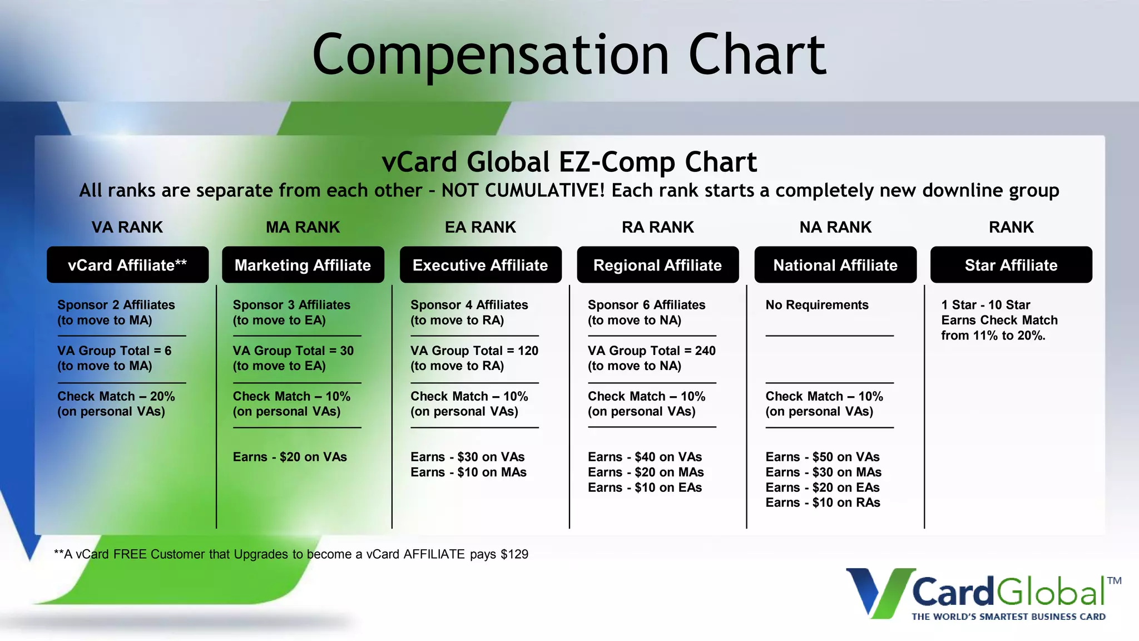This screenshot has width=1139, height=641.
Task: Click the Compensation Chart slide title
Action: pyautogui.click(x=569, y=54)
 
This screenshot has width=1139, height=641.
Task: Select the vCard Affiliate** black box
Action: pyautogui.click(x=127, y=265)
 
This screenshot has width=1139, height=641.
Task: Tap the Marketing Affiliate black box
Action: pyautogui.click(x=303, y=265)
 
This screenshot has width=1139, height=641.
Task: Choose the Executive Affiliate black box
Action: pyautogui.click(x=480, y=265)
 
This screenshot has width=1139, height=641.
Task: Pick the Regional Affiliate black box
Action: pyautogui.click(x=657, y=265)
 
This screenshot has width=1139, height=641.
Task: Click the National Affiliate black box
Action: pyautogui.click(x=835, y=265)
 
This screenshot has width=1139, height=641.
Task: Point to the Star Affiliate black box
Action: pyautogui.click(x=1011, y=265)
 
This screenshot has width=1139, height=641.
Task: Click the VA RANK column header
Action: pyautogui.click(x=127, y=227)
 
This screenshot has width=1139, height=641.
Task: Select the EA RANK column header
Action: pyautogui.click(x=480, y=227)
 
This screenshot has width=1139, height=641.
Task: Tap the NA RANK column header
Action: pyautogui.click(x=835, y=227)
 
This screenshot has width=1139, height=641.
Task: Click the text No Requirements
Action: pyautogui.click(x=816, y=305)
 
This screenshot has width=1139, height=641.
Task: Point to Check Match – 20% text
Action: pyautogui.click(x=116, y=396)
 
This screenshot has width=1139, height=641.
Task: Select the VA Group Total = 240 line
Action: pyautogui.click(x=651, y=351)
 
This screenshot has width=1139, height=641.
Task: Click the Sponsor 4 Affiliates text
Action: pyautogui.click(x=469, y=305)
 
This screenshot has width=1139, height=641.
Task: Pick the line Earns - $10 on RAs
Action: pyautogui.click(x=823, y=502)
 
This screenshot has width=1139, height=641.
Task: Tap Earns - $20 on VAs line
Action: pyautogui.click(x=289, y=457)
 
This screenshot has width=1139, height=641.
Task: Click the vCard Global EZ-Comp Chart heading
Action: pyautogui.click(x=569, y=162)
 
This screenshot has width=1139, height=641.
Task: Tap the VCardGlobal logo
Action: pyautogui.click(x=983, y=594)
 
